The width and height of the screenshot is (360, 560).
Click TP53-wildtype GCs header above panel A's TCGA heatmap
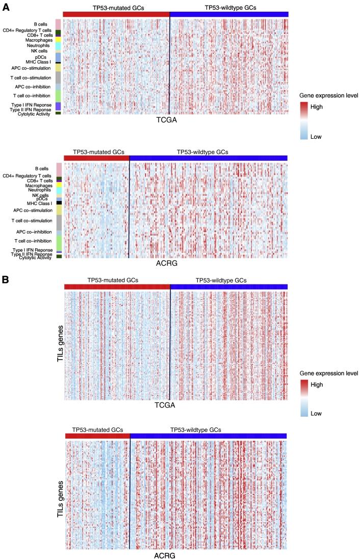[229, 8]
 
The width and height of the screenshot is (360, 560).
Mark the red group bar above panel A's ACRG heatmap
[97, 158]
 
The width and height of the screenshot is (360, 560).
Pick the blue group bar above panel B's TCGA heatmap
[229, 287]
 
